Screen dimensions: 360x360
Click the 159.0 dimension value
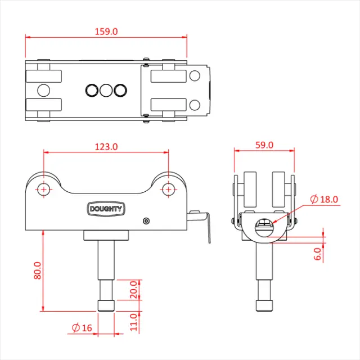click(105, 32)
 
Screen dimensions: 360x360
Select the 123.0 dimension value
click(106, 147)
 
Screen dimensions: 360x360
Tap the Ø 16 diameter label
click(83, 327)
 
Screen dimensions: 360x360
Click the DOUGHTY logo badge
click(106, 209)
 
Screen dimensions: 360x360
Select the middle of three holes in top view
click(106, 89)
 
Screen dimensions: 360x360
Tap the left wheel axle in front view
click(44, 189)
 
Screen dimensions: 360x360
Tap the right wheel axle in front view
click(168, 189)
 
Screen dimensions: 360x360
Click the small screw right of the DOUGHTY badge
click(146, 221)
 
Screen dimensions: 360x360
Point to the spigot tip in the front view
click(106, 305)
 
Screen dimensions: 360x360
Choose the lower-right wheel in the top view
click(168, 105)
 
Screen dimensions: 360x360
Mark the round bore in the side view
click(263, 228)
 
